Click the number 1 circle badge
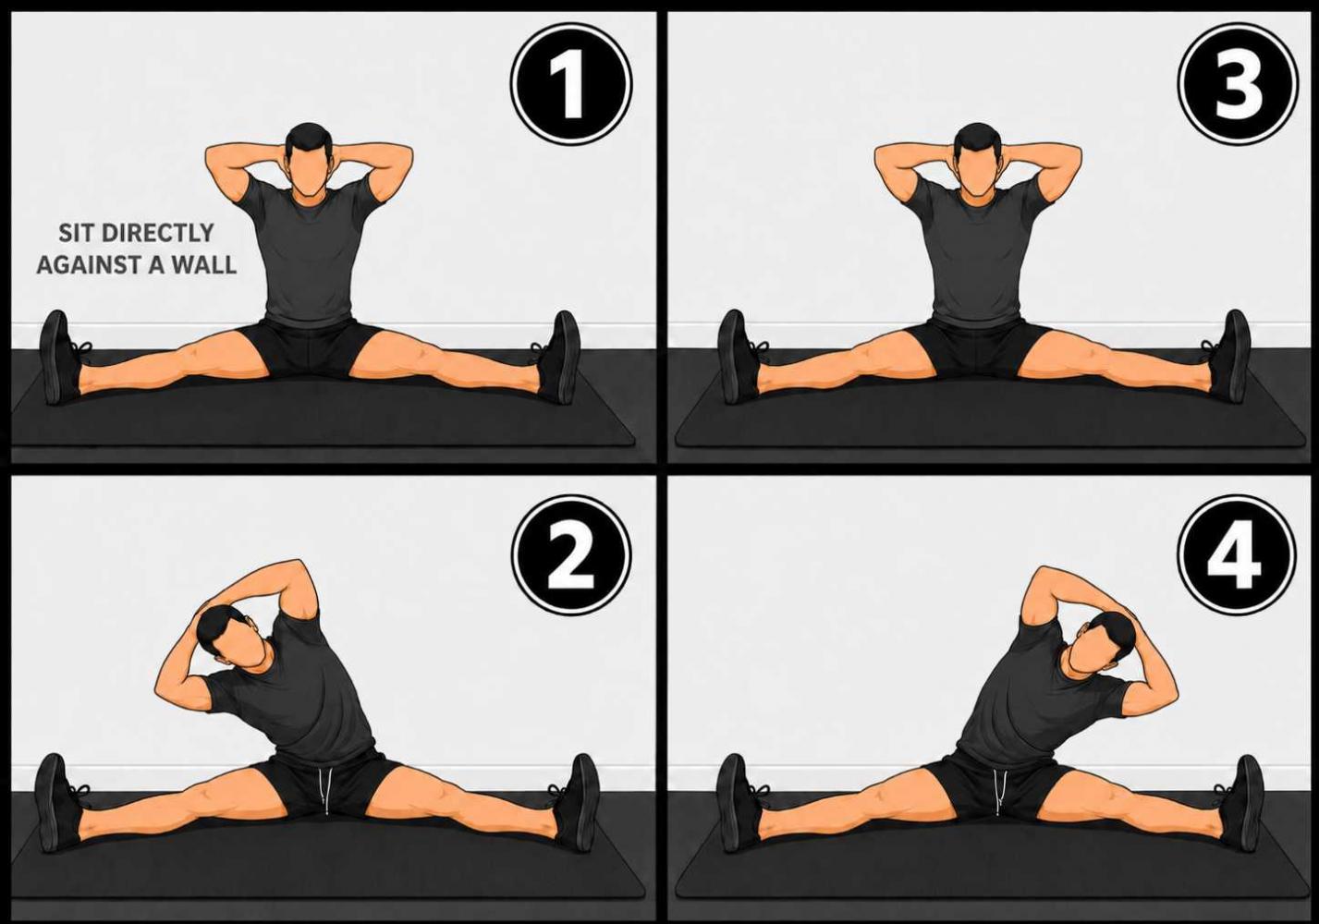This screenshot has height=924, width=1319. pos(570,84)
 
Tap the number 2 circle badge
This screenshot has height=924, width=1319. pos(570,556)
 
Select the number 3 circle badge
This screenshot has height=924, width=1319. pos(1239,84)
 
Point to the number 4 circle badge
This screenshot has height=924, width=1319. pos(1237,556)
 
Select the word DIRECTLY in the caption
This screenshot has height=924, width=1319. pos(157,233)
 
